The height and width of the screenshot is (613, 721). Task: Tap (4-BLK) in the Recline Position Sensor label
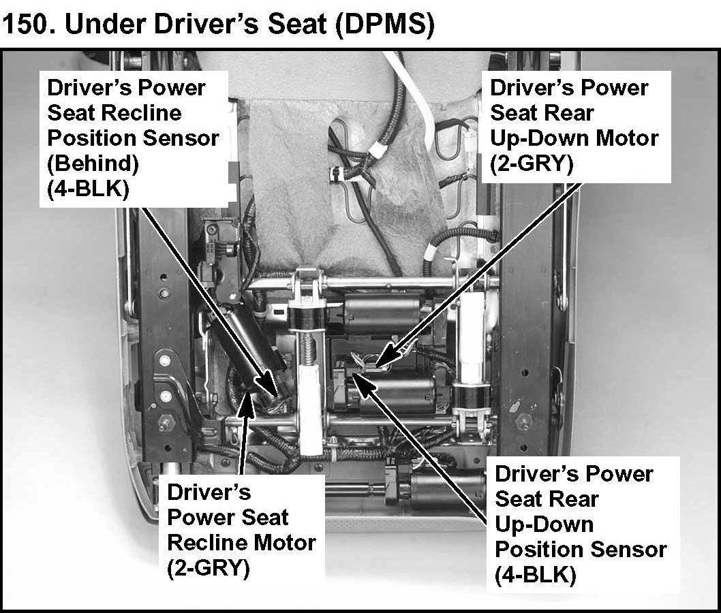(87, 188)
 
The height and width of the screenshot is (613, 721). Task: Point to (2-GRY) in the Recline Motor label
(209, 567)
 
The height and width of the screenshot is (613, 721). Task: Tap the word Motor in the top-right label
(625, 138)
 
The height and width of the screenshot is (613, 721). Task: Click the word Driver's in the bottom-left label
(209, 492)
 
